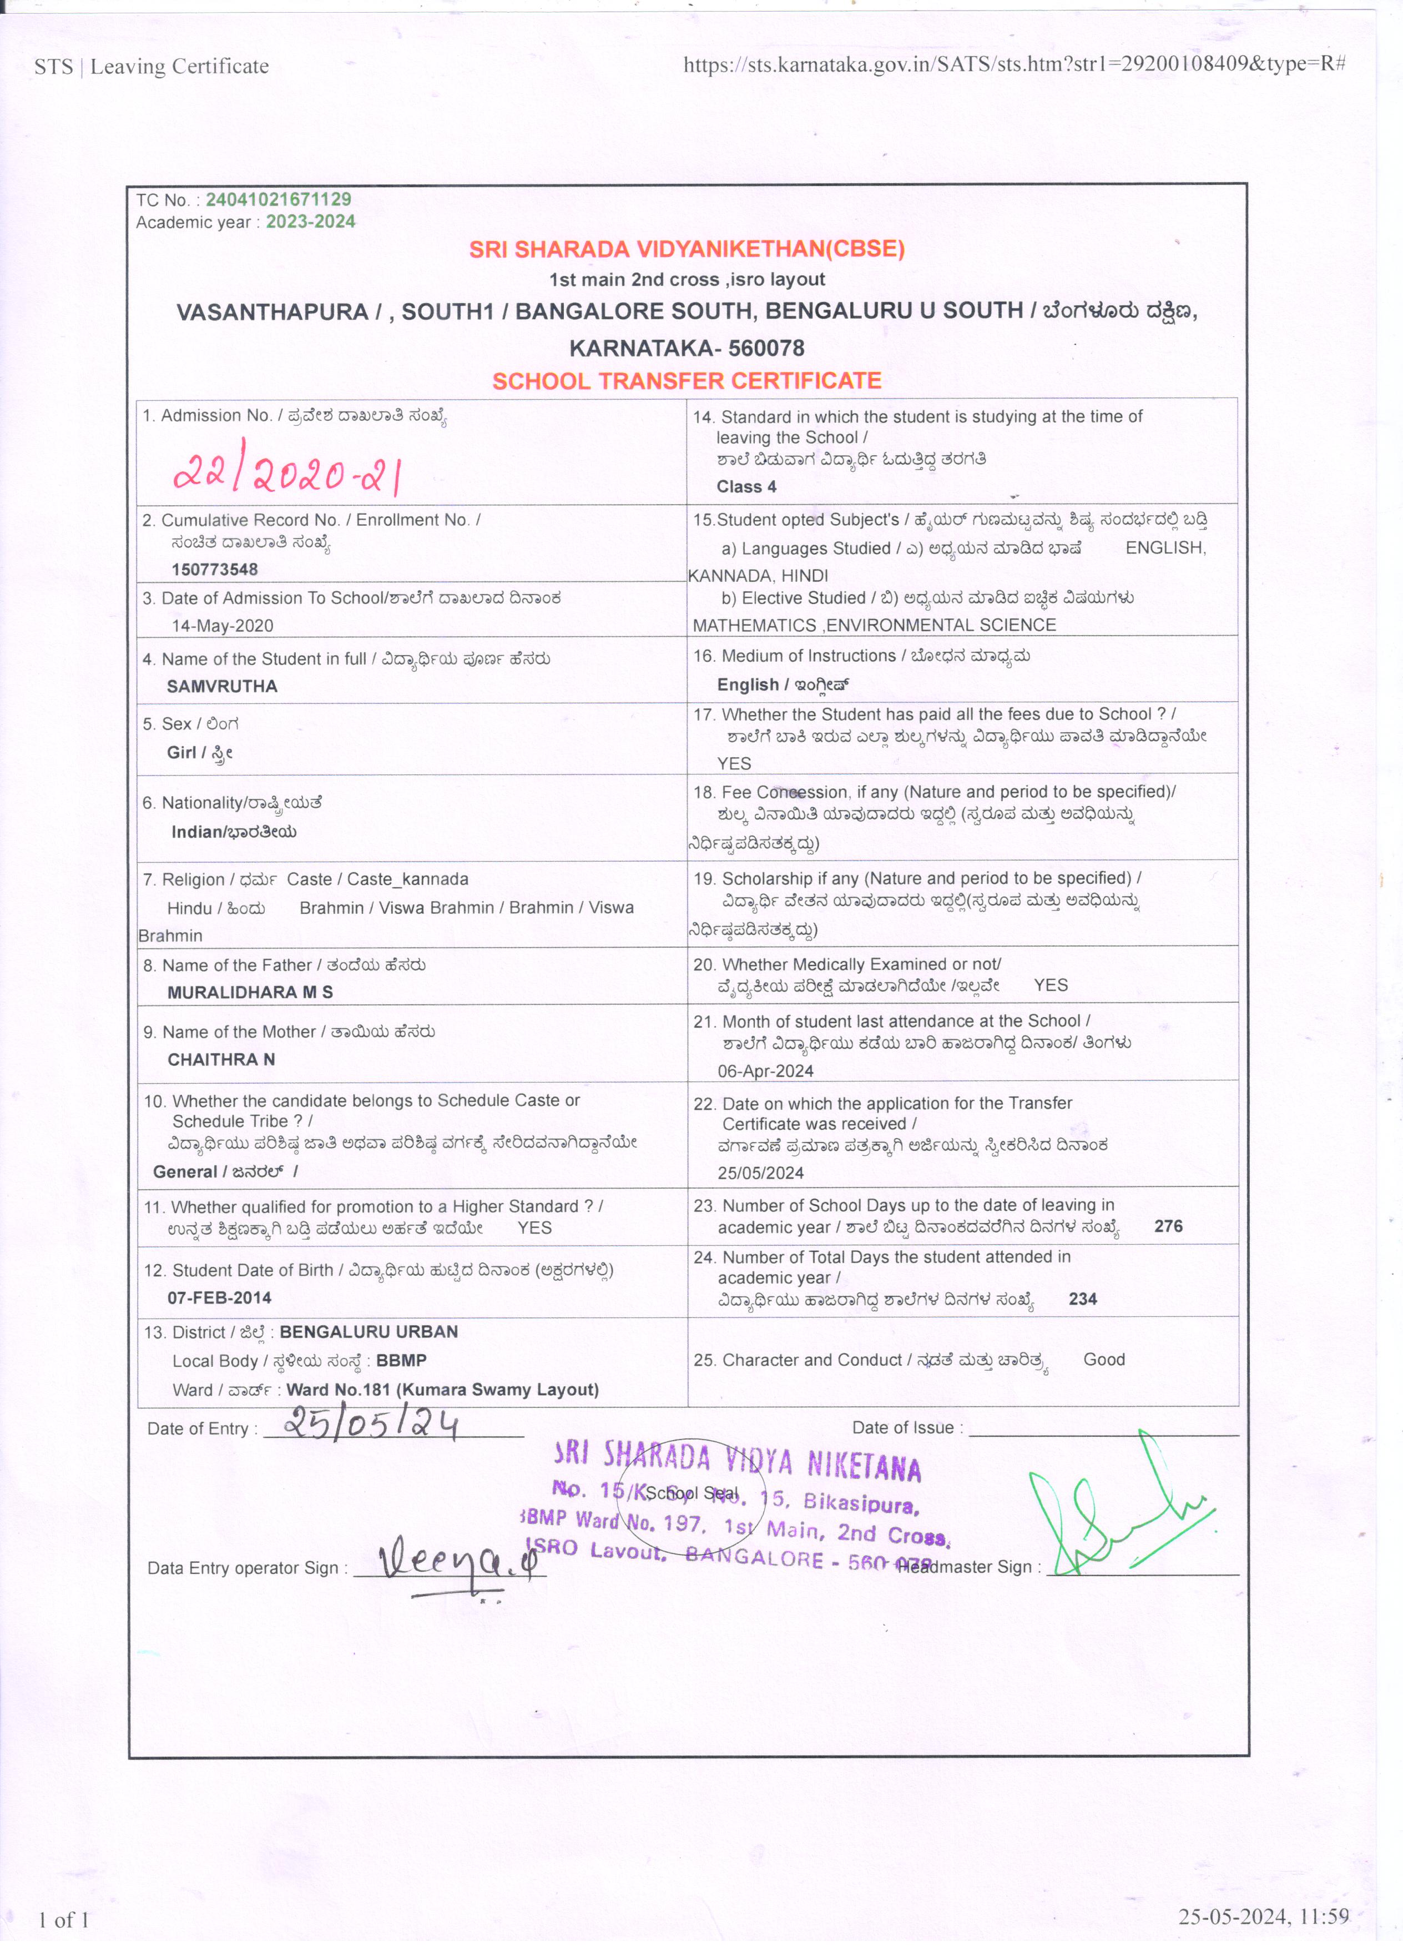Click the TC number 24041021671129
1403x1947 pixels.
(x=278, y=199)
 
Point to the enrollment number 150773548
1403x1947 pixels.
(x=215, y=569)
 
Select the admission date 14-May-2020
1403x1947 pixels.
(x=222, y=626)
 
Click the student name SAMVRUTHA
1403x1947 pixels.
(x=221, y=686)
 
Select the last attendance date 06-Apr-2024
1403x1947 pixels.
(x=765, y=1070)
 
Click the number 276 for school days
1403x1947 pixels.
(x=1168, y=1226)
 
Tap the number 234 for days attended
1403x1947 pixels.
(x=1082, y=1299)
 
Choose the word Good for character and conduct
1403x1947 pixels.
(x=1103, y=1359)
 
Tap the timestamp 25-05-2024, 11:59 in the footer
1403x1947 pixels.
(x=1263, y=1916)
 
